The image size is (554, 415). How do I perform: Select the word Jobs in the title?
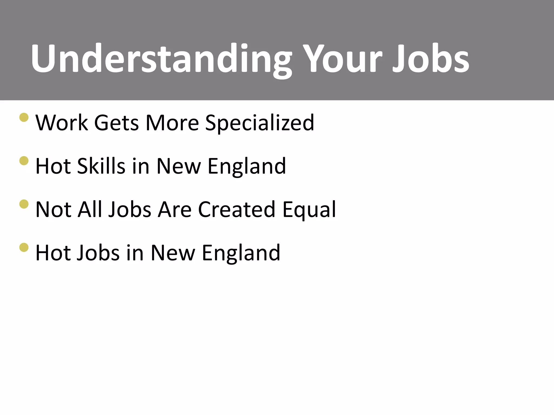[431, 59]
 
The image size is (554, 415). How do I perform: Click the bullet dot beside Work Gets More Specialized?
[24, 118]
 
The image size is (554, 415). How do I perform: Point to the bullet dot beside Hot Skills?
[24, 161]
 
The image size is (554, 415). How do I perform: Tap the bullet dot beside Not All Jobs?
[24, 204]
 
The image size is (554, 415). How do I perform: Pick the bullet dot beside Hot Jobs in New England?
[24, 247]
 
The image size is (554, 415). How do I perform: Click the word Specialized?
[260, 123]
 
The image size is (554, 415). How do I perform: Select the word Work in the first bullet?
[62, 123]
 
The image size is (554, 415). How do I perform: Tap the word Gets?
[116, 123]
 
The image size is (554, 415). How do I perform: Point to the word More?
[172, 123]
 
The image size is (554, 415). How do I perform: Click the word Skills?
[101, 166]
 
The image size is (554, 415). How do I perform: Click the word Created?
[237, 210]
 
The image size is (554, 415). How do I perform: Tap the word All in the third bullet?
[90, 210]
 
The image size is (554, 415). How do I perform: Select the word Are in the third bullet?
[175, 210]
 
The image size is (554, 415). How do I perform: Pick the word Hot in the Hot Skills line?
[53, 166]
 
